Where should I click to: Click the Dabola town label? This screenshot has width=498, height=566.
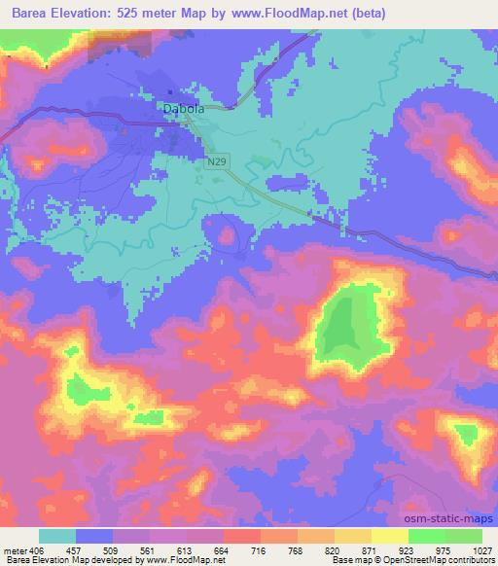point(183,110)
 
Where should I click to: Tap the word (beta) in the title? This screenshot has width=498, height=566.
point(368,14)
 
